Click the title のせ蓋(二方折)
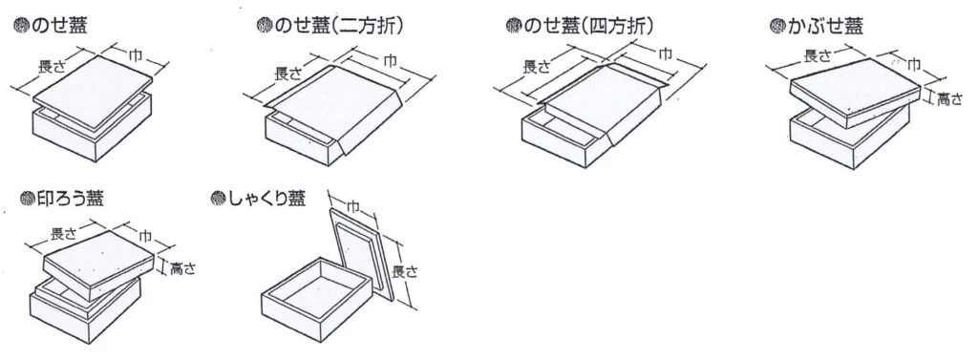click(x=338, y=25)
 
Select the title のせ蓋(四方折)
click(x=588, y=25)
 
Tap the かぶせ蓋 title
click(x=824, y=26)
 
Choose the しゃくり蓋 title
click(x=266, y=199)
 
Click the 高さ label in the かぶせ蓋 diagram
click(x=950, y=98)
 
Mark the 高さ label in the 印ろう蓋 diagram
click(x=182, y=269)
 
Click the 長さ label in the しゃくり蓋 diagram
click(x=405, y=271)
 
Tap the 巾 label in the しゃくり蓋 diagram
click(x=352, y=207)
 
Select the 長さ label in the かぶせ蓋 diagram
click(x=818, y=56)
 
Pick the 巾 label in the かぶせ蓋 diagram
click(x=913, y=63)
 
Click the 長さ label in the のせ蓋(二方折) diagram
click(x=288, y=73)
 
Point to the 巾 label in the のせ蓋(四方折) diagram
click(x=666, y=54)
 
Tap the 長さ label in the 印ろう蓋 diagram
click(x=63, y=234)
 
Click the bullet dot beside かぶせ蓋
click(x=777, y=26)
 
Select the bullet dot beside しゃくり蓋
click(x=218, y=199)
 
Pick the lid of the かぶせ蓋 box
click(x=855, y=92)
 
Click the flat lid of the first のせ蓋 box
click(x=93, y=93)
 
